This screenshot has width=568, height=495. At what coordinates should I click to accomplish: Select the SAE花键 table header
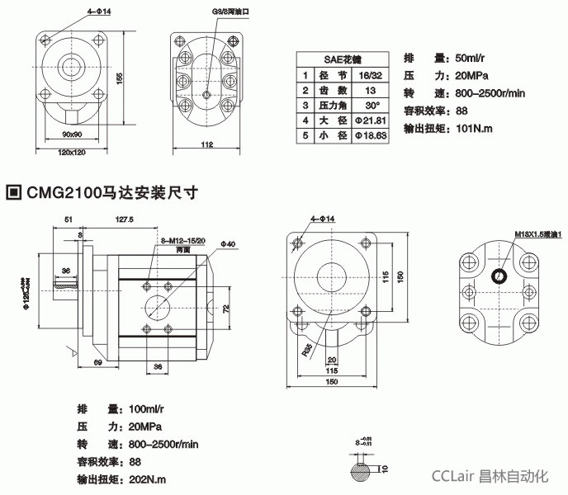click(342, 59)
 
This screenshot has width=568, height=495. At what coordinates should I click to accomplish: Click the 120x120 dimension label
click(73, 152)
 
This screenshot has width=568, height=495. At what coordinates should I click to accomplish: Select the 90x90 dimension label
click(73, 132)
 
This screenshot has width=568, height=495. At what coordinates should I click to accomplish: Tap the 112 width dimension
click(206, 144)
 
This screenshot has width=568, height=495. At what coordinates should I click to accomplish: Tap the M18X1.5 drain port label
click(537, 234)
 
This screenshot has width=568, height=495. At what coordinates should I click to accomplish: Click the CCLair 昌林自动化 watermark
click(491, 475)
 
